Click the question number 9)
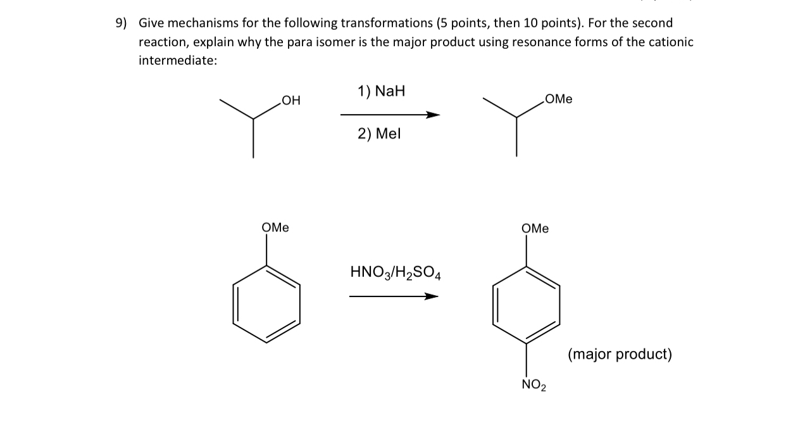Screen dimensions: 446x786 120,23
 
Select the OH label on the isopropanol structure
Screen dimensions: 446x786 291,101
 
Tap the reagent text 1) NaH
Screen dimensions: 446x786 381,91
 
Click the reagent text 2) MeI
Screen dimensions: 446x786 380,134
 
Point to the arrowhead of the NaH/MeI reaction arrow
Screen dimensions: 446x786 433,115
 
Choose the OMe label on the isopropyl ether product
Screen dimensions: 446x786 558,99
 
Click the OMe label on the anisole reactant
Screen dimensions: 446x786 275,227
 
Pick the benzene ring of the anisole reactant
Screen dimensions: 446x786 266,303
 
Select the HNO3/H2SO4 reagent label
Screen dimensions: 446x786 396,273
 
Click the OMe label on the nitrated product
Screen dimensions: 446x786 535,228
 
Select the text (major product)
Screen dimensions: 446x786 620,354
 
